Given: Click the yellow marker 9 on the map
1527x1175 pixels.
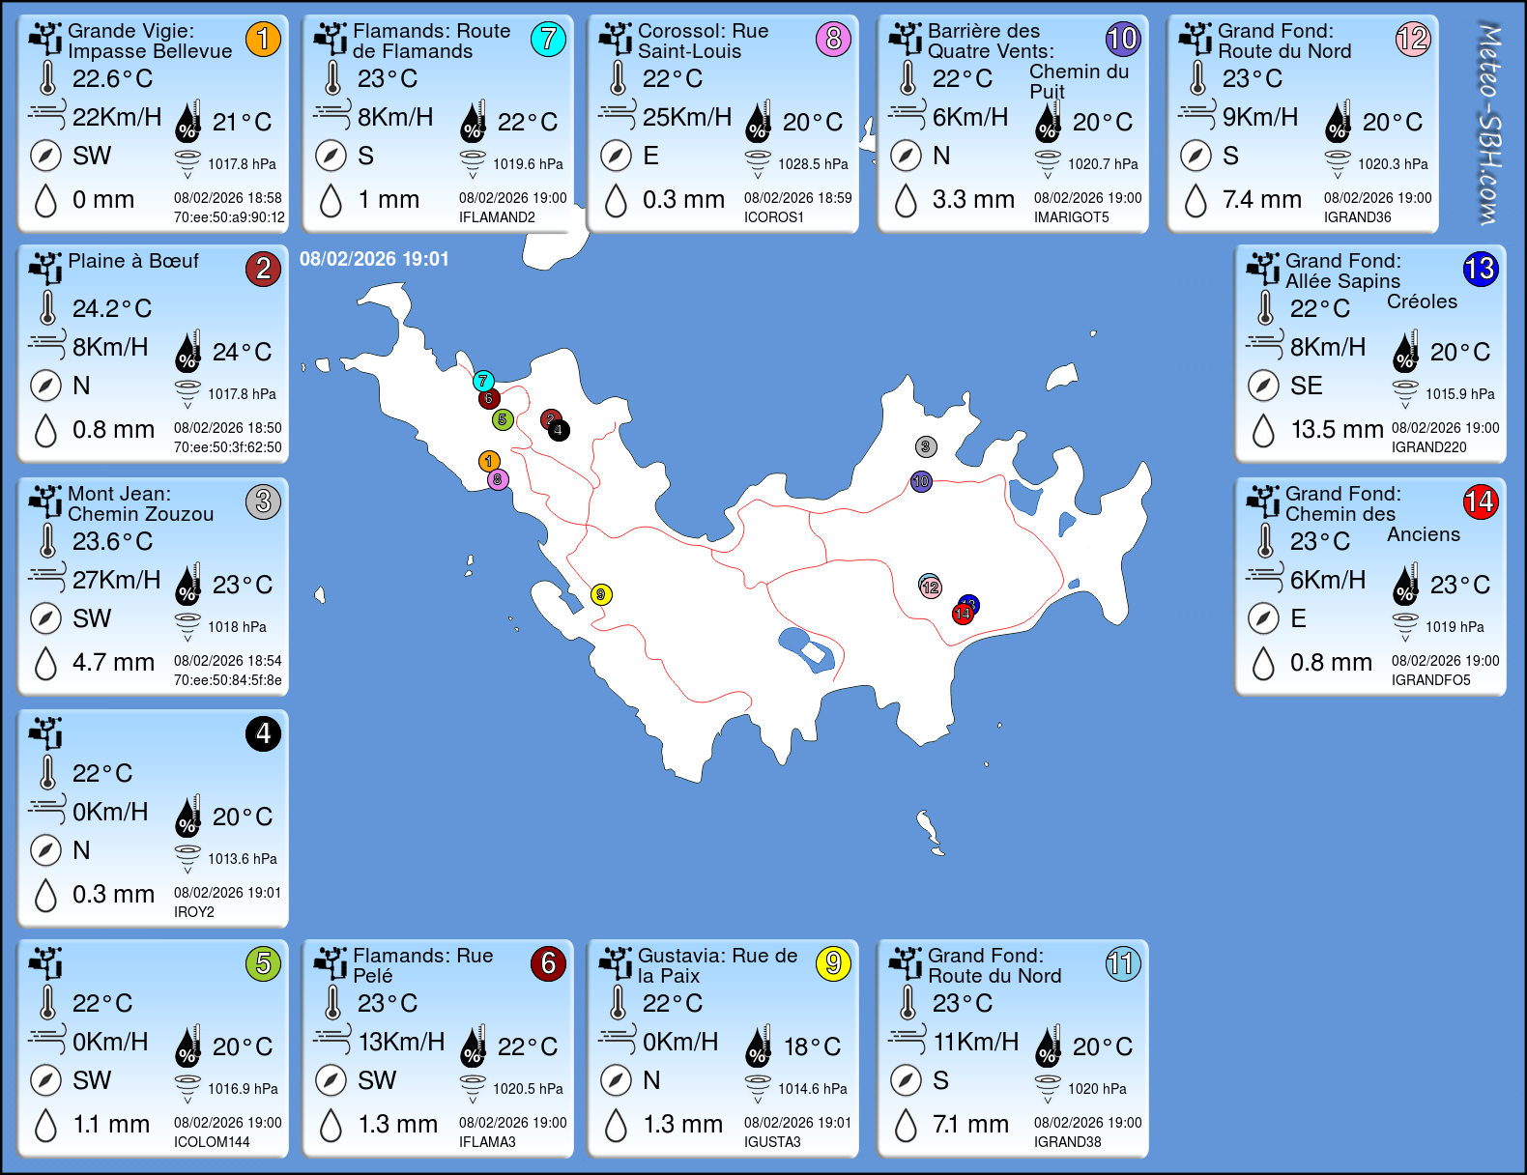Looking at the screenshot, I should coord(601,594).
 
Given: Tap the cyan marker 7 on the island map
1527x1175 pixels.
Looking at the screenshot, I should coord(483,381).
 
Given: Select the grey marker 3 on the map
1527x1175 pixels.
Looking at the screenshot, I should coord(926,446).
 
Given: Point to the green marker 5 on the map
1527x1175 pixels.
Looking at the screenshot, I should coord(502,419).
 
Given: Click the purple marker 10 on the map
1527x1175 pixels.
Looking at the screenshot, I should coord(921,481).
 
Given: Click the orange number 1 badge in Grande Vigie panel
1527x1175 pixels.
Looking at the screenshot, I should coord(263,40).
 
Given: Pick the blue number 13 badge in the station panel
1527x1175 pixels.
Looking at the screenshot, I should coord(1480,270).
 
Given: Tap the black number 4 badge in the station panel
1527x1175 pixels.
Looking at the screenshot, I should coord(263,734).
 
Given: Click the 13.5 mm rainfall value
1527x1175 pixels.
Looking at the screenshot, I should coord(1337,429).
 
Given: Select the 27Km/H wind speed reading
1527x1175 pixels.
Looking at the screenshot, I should coord(117,580).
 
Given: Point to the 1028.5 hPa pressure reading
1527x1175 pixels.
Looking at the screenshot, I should coord(813,164).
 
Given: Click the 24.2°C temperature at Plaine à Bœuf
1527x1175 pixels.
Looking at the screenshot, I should coord(112,308).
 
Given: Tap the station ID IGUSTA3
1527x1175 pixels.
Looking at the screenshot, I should coord(772,1142).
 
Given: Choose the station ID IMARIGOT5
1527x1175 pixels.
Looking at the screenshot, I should coord(1071,217).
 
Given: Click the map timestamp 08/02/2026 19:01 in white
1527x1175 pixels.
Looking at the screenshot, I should coord(374,259).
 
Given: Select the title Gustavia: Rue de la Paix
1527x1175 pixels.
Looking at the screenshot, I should coord(717,965).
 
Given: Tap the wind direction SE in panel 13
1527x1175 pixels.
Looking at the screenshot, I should coord(1306,386).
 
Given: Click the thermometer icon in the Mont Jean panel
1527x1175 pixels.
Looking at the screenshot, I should coord(47,540).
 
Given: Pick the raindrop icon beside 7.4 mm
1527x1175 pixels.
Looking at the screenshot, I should coord(1196,200).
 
